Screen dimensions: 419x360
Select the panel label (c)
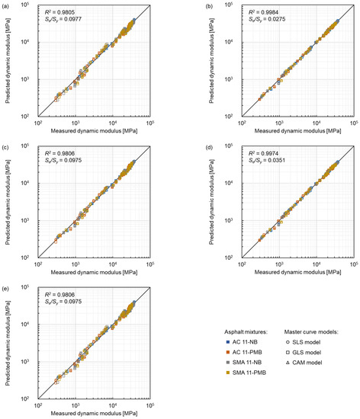coord(6,146)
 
